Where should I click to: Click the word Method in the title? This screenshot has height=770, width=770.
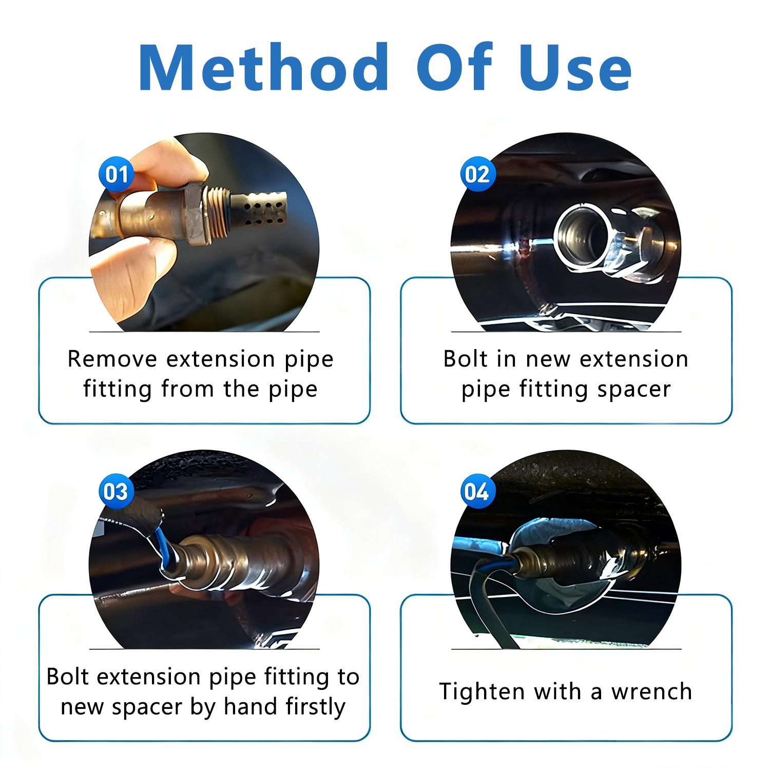pos(263,68)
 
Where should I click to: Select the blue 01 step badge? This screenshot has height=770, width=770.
pos(117,175)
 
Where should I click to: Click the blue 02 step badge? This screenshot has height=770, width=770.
pos(477,175)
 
